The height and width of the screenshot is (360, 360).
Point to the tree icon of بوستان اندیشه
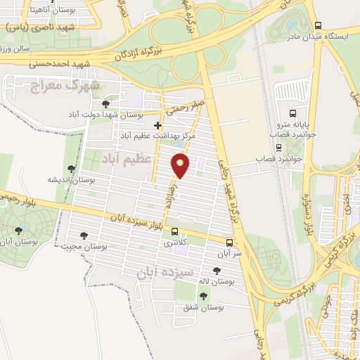71,169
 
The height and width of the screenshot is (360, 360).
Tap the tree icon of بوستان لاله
216,271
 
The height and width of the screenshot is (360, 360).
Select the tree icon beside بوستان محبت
84,236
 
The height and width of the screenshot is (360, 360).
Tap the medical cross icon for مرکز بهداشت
158,125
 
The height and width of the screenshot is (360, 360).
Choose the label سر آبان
229,252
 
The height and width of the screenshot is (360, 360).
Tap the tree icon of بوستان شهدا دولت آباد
105,104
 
